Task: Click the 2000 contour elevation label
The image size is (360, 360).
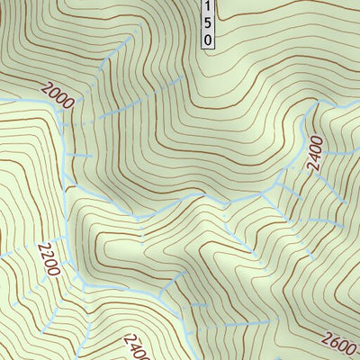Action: [55, 94]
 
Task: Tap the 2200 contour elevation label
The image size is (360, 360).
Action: [49, 259]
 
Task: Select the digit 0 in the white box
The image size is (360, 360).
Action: [208, 40]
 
